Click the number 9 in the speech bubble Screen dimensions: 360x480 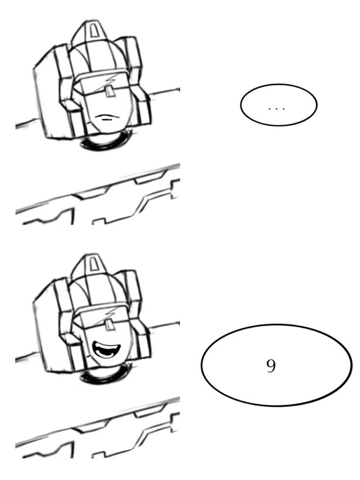click(x=271, y=365)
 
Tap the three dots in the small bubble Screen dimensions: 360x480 click(x=277, y=108)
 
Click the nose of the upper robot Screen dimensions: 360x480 click(x=109, y=91)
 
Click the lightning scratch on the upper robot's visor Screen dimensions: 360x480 click(x=110, y=79)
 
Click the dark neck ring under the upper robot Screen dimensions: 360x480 click(x=105, y=142)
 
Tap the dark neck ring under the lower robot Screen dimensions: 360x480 click(x=105, y=375)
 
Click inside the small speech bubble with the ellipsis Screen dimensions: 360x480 click(x=279, y=105)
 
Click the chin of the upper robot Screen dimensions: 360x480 click(x=107, y=128)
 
